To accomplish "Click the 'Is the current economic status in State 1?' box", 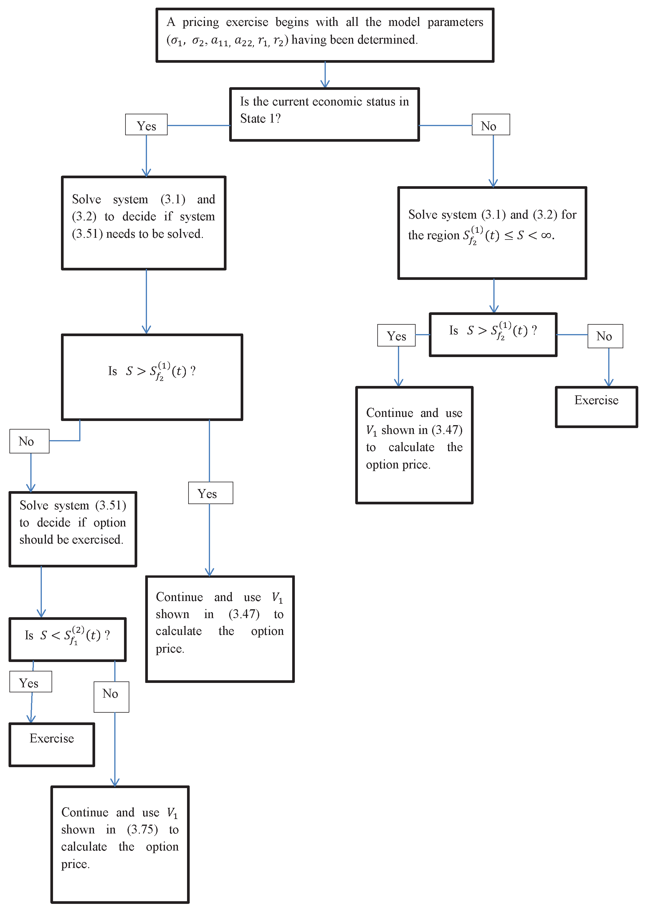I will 324,114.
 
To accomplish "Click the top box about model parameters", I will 325,35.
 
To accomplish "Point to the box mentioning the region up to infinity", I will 492,233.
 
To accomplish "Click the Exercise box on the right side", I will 596,407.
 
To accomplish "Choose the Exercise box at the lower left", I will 52,744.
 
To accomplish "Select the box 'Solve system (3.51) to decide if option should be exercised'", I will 73,529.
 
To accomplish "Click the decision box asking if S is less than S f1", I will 67,639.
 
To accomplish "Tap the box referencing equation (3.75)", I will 120,844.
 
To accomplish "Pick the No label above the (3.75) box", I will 111,697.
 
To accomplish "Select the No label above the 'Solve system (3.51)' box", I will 29,441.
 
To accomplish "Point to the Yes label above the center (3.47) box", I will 210,493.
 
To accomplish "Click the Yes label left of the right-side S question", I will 396,335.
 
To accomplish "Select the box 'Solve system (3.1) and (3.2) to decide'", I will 144,223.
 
